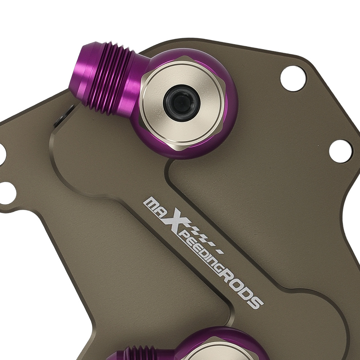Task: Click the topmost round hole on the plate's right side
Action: point(293,80)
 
